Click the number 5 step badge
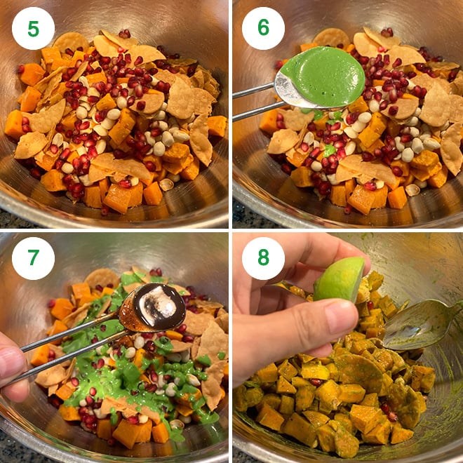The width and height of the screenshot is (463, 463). [x=33, y=28]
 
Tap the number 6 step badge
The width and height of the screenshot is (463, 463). [x=263, y=28]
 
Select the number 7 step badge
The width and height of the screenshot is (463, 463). [x=33, y=258]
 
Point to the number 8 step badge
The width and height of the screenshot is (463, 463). [x=263, y=258]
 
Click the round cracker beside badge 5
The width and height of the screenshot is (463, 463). [x=70, y=41]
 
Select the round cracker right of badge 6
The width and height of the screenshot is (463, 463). [x=331, y=37]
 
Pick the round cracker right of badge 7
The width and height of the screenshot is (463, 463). [x=102, y=278]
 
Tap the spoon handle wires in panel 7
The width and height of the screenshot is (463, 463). [x=71, y=351]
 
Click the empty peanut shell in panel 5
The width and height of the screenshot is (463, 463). [x=167, y=184]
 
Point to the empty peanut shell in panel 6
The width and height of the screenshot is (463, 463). [x=412, y=190]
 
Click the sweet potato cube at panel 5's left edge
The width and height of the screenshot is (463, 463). [x=13, y=124]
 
